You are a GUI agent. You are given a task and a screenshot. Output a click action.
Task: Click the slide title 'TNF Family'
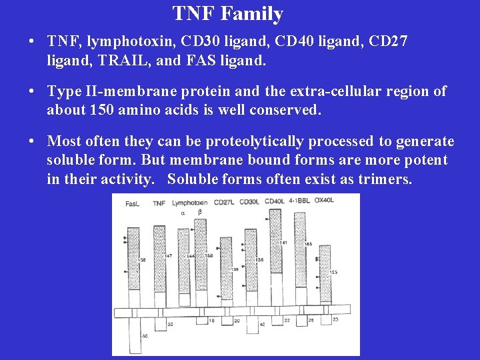tap(228, 13)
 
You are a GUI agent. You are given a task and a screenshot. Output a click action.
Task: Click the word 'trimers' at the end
tap(387, 179)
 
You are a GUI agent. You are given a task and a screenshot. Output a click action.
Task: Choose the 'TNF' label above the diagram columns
tap(159, 203)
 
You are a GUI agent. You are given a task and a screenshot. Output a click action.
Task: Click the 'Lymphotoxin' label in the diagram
tap(189, 202)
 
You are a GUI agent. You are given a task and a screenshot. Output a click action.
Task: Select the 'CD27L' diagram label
tap(224, 202)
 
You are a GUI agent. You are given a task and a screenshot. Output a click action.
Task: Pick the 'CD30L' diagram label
tap(249, 202)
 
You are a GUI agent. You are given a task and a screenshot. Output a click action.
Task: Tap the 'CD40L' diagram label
tap(275, 201)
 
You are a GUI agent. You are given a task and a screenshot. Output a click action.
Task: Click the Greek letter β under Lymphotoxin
tap(200, 212)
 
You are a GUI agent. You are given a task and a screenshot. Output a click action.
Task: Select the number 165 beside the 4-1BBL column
tap(308, 245)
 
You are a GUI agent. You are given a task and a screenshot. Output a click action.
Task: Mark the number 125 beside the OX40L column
tap(333, 271)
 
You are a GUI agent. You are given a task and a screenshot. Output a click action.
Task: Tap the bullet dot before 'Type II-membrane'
tap(32, 91)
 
